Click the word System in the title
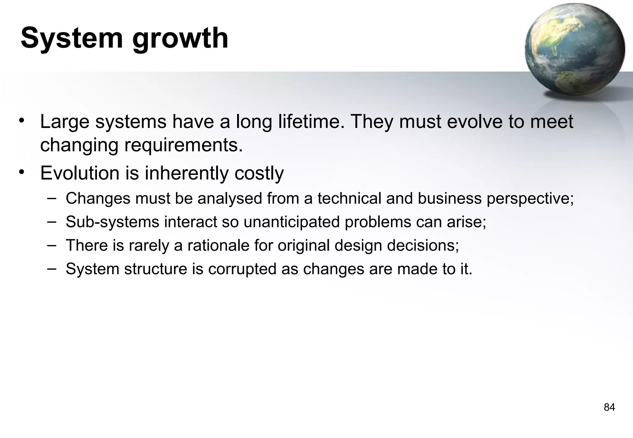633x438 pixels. [x=72, y=38]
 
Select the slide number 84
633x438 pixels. [x=609, y=407]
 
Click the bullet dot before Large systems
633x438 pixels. [x=21, y=120]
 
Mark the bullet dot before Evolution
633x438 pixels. [x=21, y=172]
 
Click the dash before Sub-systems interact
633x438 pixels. [x=52, y=221]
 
